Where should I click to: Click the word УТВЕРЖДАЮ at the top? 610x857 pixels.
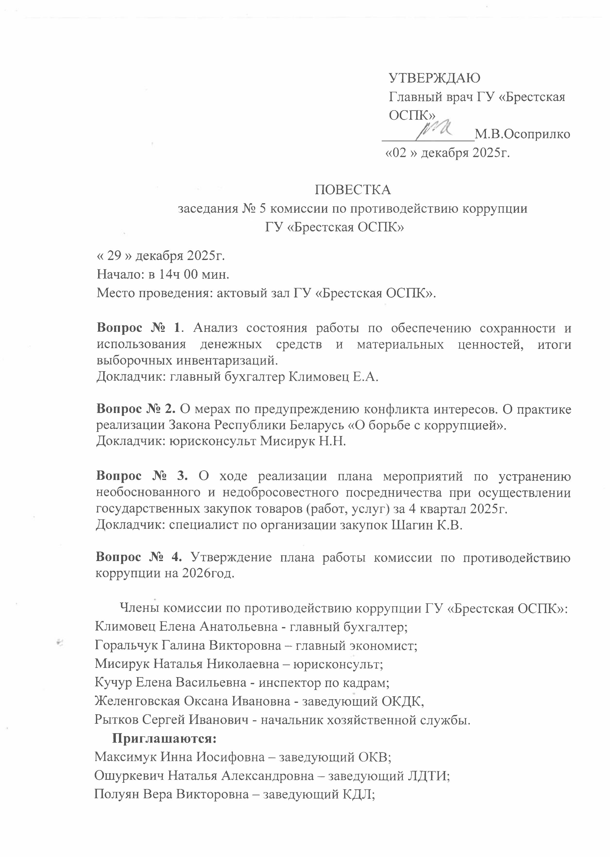(435, 78)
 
